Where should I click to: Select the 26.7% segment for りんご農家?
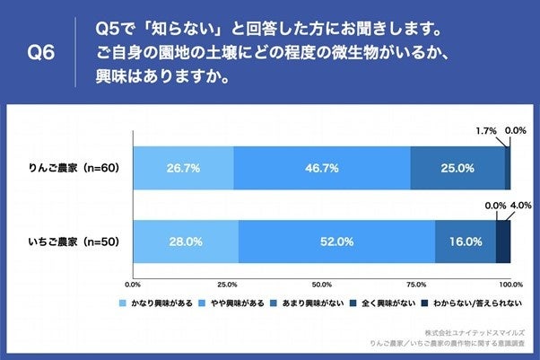pyautogui.click(x=183, y=167)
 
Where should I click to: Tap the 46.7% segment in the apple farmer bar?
pyautogui.click(x=322, y=167)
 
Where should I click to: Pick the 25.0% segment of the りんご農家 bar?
pyautogui.click(x=457, y=167)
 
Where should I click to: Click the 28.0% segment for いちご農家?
pyautogui.click(x=186, y=241)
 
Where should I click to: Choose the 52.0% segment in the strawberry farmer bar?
pyautogui.click(x=337, y=241)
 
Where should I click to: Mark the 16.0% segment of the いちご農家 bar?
pyautogui.click(x=466, y=241)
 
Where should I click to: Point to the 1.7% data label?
pyautogui.click(x=485, y=131)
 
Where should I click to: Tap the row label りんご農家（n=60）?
pyautogui.click(x=75, y=168)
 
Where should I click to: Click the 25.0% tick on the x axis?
pyautogui.click(x=227, y=285)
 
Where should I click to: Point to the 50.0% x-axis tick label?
pyautogui.click(x=322, y=285)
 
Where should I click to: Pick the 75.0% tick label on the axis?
pyautogui.click(x=416, y=285)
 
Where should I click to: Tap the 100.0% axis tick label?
pyautogui.click(x=510, y=285)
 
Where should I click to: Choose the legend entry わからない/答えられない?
pyautogui.click(x=474, y=304)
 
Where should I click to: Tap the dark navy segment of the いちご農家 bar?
pyautogui.click(x=503, y=241)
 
